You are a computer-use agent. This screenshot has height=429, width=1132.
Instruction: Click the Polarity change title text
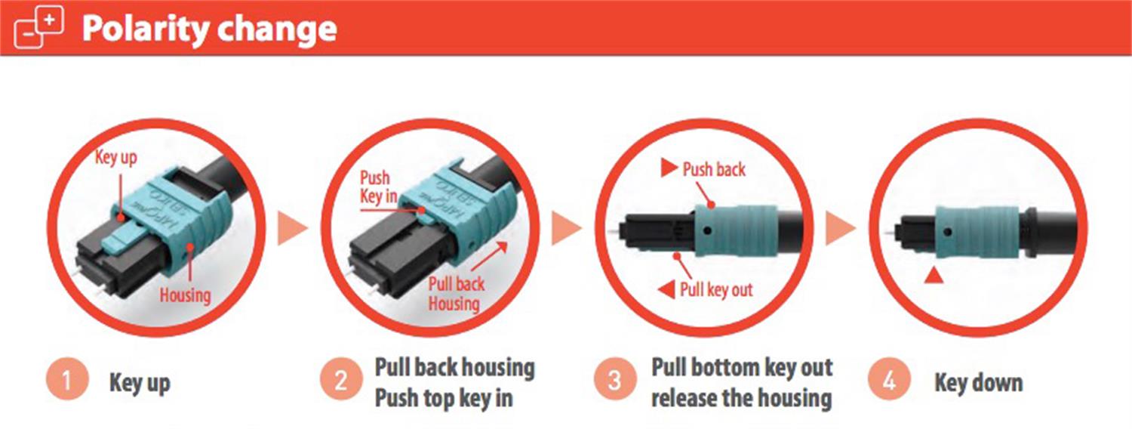(x=209, y=28)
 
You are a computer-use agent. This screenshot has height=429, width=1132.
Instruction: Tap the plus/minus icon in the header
(x=39, y=28)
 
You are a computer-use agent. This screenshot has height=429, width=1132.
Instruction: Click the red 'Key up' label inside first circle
(x=115, y=159)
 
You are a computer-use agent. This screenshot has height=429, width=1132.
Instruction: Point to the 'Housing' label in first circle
(x=185, y=295)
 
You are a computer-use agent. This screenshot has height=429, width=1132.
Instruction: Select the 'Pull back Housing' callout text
(x=456, y=294)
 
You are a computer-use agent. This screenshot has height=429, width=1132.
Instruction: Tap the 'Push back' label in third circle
(x=713, y=169)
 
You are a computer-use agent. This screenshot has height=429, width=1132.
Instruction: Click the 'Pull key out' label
(x=715, y=289)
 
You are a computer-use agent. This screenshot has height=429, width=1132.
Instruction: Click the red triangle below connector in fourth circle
(x=934, y=278)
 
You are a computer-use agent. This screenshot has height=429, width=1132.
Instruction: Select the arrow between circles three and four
(x=840, y=229)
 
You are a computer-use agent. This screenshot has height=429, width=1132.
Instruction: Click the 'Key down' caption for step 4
(x=979, y=382)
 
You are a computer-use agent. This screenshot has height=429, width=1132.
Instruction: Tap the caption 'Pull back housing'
(x=454, y=368)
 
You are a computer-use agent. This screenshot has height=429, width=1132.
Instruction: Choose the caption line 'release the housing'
(x=741, y=397)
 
